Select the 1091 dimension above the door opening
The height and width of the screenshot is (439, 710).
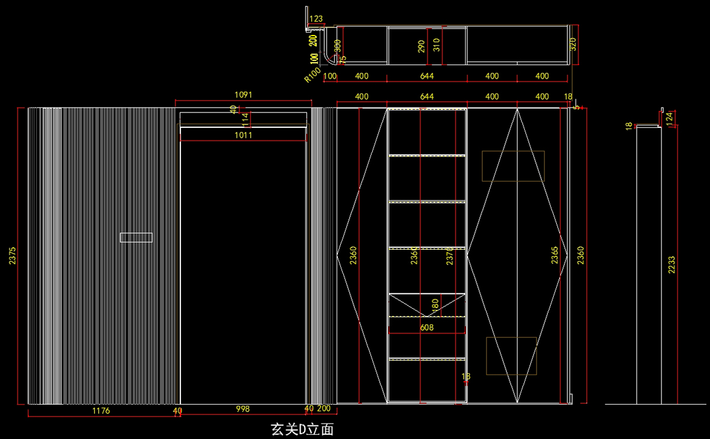[243, 95]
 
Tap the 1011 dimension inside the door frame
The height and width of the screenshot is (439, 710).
[243, 135]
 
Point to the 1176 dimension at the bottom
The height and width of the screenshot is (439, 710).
[101, 409]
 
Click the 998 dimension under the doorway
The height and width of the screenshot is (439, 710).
[243, 409]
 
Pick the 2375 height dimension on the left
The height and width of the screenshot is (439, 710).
[13, 256]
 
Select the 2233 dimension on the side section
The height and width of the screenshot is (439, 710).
[671, 264]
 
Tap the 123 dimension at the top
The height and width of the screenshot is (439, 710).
[316, 19]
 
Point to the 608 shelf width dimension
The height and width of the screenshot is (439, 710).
[427, 327]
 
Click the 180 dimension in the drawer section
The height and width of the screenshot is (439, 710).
[435, 305]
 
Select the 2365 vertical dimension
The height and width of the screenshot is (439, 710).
[554, 256]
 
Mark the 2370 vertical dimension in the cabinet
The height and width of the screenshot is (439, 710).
[450, 256]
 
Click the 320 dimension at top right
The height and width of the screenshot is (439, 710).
[573, 44]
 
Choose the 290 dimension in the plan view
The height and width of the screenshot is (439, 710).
[421, 46]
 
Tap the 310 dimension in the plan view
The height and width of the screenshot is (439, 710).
[437, 45]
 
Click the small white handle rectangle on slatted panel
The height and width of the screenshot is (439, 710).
[136, 237]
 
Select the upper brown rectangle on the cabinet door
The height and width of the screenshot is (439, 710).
[513, 166]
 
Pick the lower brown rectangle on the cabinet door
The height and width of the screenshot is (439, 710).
[511, 356]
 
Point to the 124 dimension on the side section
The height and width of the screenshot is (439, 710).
[669, 117]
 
